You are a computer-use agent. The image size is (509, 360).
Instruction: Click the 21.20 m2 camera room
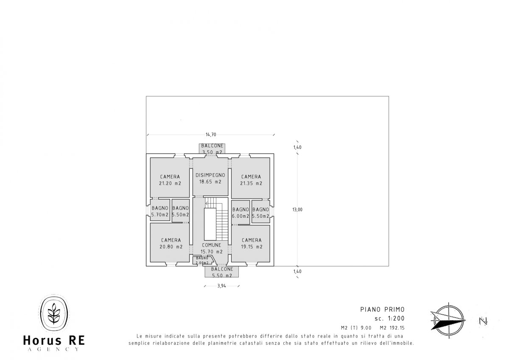170,177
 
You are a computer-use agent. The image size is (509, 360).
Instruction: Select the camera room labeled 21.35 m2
251,178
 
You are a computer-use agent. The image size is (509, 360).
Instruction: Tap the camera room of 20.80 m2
170,242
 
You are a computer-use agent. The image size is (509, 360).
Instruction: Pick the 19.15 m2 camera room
251,243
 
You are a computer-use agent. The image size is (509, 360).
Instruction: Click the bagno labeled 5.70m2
160,210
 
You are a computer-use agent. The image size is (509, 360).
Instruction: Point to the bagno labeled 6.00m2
241,212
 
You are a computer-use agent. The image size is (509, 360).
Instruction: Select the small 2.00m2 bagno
202,260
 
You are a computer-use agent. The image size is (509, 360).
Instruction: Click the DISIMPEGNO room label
210,175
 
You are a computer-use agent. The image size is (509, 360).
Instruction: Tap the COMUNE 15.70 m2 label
212,248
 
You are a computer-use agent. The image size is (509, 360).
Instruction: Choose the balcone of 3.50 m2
212,149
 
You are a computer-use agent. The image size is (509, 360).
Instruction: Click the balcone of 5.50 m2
222,272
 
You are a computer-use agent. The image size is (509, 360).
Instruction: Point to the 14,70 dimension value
211,135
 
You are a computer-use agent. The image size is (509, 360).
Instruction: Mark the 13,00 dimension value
297,210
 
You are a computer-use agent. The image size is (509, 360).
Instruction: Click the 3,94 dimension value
221,286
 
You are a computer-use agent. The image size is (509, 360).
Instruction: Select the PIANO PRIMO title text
383,309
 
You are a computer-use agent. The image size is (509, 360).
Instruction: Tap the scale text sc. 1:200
389,318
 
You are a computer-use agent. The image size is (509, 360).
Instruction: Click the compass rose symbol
448,321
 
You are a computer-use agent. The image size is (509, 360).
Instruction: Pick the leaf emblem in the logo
54,313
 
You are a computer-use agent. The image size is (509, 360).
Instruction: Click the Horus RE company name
54,340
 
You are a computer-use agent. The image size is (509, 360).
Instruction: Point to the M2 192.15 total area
392,328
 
